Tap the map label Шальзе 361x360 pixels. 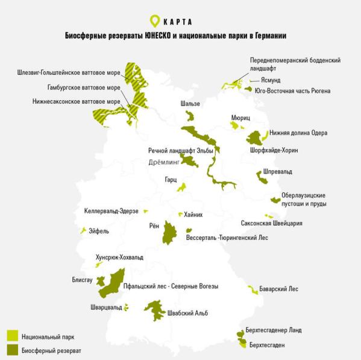190,104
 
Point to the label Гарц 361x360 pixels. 171,180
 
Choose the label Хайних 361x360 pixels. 193,215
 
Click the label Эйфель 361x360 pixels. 99,230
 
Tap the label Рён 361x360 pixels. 154,226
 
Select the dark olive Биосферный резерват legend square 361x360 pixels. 11,350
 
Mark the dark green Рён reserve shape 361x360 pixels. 169,233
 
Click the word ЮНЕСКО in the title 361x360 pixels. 159,36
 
